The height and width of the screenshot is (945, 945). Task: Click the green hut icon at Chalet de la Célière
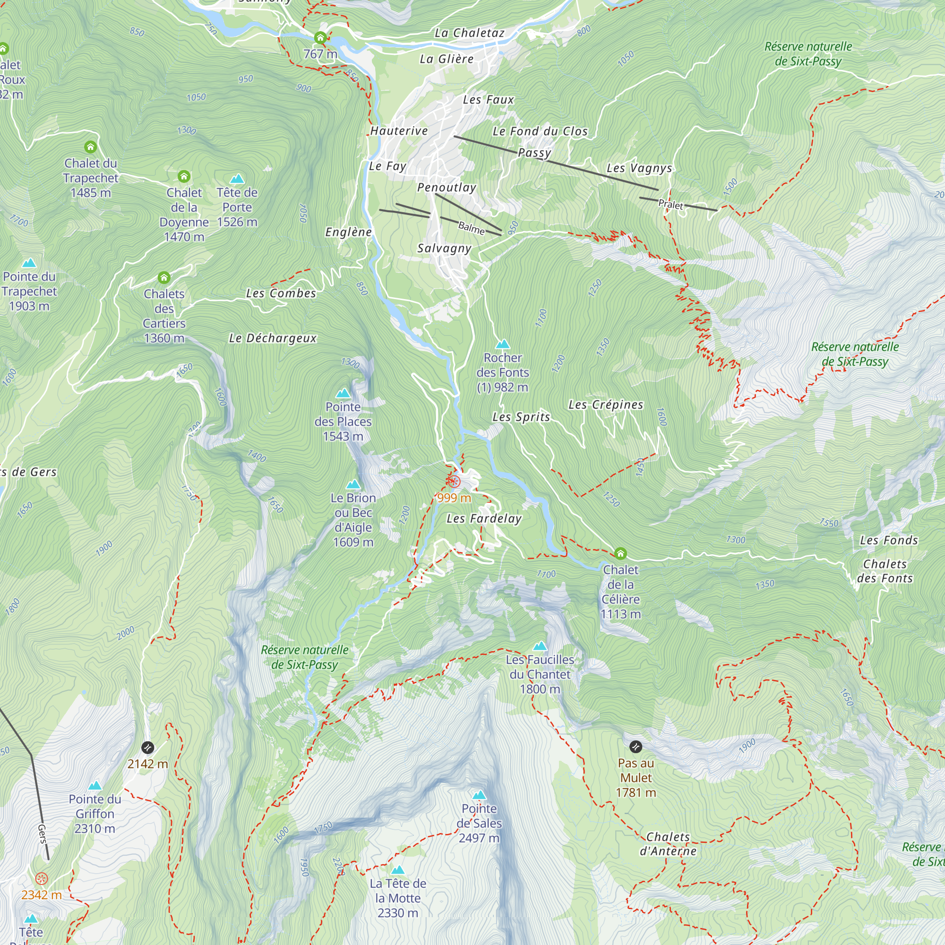[x=620, y=554]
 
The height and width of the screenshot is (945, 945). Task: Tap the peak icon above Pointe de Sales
[x=479, y=795]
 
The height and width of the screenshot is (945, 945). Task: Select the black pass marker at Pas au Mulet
[x=636, y=747]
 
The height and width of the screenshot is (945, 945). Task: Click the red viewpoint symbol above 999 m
[x=454, y=482]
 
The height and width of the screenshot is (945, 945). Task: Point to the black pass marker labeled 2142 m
[x=147, y=747]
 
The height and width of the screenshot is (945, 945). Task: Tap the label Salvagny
[x=444, y=249]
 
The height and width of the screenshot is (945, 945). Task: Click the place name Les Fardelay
[x=484, y=518]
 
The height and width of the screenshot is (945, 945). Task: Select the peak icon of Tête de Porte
[x=237, y=179]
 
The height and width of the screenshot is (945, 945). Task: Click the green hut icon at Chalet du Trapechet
[x=91, y=147]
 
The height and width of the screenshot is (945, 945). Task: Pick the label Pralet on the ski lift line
[x=670, y=205]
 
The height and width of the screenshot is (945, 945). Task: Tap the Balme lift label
[x=471, y=227]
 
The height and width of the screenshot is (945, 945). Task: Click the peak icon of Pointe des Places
[x=343, y=393]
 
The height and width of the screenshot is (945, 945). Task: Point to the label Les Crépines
[x=606, y=405]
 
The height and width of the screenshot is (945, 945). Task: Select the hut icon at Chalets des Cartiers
[x=164, y=278]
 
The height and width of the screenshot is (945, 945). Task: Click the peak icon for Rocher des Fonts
[x=502, y=344]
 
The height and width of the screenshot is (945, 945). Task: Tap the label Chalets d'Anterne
[x=668, y=844]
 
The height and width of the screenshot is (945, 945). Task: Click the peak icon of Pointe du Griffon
[x=95, y=786]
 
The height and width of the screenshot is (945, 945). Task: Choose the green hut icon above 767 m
[x=320, y=38]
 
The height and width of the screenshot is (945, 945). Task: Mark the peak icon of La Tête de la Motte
[x=398, y=870]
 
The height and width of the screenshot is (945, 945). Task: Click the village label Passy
[x=534, y=153]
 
